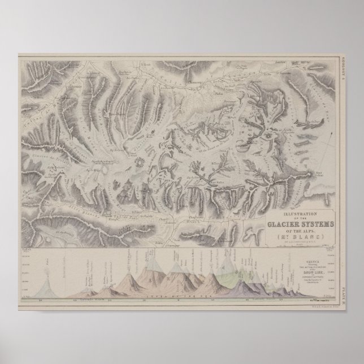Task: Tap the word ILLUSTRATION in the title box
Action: coord(294,213)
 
